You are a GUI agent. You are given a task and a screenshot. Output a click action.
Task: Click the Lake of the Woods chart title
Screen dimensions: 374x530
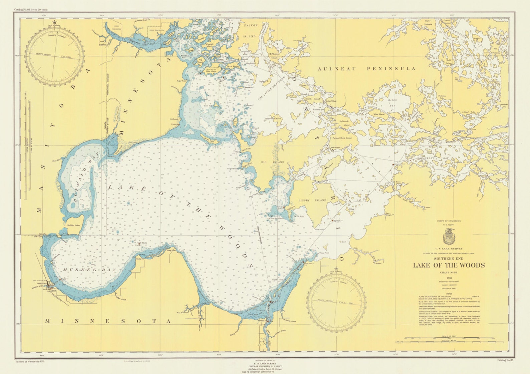[x=449, y=265]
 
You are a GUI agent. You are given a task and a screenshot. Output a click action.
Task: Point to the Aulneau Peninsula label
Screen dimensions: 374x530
[x=366, y=69]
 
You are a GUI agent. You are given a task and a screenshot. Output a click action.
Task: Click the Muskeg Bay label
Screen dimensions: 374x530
[x=89, y=270]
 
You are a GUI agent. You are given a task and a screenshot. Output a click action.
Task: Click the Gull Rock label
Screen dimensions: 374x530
[x=142, y=243]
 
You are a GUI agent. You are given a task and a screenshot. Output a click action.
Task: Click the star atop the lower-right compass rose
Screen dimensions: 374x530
[x=336, y=269]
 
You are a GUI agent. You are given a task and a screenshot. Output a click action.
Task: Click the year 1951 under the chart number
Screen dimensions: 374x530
[x=449, y=278]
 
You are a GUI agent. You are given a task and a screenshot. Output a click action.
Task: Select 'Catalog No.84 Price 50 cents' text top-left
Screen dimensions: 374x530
[x=31, y=10]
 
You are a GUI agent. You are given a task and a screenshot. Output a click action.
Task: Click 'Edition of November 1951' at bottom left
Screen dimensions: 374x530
[x=30, y=361]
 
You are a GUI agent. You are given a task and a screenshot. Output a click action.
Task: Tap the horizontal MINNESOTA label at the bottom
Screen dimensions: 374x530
[x=108, y=321]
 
